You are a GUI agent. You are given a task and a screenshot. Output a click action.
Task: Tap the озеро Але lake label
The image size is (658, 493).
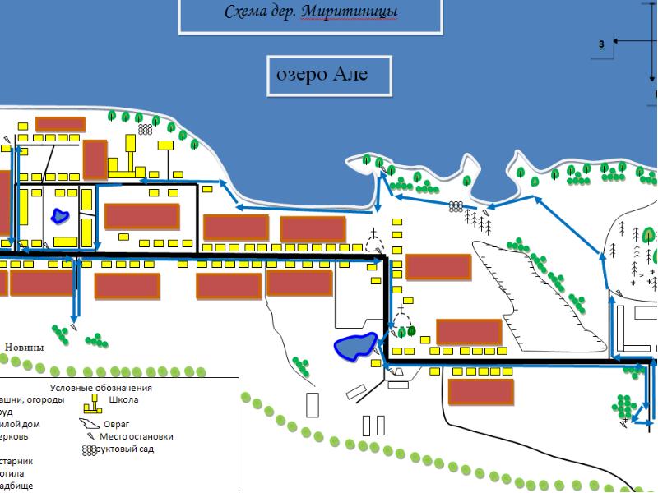(x=328, y=75)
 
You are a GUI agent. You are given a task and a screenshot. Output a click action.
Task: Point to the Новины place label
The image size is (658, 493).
(x=24, y=347)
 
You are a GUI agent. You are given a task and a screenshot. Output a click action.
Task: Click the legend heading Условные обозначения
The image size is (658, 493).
(x=100, y=388)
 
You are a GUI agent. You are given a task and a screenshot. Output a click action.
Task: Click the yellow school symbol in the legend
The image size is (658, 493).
(x=94, y=403)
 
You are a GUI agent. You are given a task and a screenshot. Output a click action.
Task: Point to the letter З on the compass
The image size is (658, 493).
(x=602, y=43)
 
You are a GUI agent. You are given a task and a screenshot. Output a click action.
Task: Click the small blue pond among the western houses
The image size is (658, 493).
(x=59, y=216)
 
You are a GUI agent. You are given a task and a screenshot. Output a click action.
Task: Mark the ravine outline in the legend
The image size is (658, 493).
(x=88, y=424)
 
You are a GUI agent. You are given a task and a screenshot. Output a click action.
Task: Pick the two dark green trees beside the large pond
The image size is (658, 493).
(x=408, y=332)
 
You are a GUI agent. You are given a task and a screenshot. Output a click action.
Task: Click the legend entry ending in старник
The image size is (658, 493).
(x=16, y=461)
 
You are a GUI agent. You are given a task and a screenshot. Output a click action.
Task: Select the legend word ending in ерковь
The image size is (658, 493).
(x=19, y=436)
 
